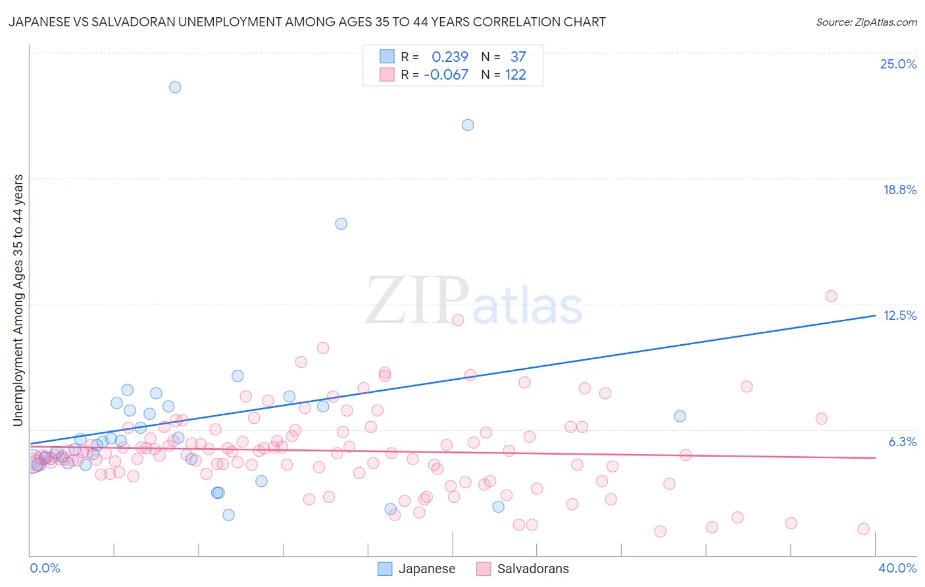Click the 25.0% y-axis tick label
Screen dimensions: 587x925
(x=898, y=64)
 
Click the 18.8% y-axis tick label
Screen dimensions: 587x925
(x=899, y=190)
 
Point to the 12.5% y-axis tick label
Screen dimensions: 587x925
(x=899, y=315)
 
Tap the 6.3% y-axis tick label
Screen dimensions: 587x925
(x=902, y=442)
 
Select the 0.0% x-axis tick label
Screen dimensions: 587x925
(x=45, y=568)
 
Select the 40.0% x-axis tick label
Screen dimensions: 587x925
(x=897, y=568)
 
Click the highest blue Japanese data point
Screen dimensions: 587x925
(x=175, y=87)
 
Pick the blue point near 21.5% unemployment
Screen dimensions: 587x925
(x=468, y=125)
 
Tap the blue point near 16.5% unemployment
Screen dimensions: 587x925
(x=341, y=224)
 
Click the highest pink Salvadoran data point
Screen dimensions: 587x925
(x=831, y=296)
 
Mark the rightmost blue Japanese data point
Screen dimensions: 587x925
(x=680, y=416)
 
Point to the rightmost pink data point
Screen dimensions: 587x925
(x=863, y=529)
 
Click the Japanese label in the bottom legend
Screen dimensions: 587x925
(x=426, y=569)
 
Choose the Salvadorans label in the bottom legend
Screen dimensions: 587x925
(x=533, y=569)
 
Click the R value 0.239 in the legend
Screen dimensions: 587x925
(x=449, y=57)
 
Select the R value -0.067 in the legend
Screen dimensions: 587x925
(x=445, y=75)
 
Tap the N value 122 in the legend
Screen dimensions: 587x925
(x=515, y=75)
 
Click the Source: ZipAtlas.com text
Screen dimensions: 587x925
(x=866, y=22)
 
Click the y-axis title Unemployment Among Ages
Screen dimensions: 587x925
(x=18, y=299)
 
